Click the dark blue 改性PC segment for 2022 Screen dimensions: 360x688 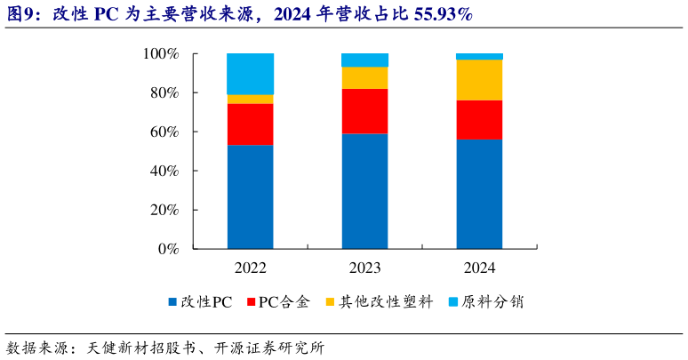pos(250,196)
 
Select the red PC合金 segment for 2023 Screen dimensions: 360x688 pos(364,111)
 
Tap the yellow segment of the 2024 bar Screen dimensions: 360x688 pos(479,80)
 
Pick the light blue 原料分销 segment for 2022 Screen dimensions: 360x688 pos(250,74)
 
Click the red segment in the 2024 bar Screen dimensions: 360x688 pos(479,120)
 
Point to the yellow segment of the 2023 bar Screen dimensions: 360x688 pos(364,78)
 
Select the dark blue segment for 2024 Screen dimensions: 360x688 pos(479,194)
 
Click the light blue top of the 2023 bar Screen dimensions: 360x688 pos(364,60)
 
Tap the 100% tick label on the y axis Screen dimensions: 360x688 pos(161,54)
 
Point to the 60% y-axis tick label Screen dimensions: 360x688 pos(164,132)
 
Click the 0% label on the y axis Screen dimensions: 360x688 pos(168,249)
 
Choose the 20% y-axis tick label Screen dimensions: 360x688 pos(164,210)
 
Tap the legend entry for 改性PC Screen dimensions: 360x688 pos(199,303)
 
